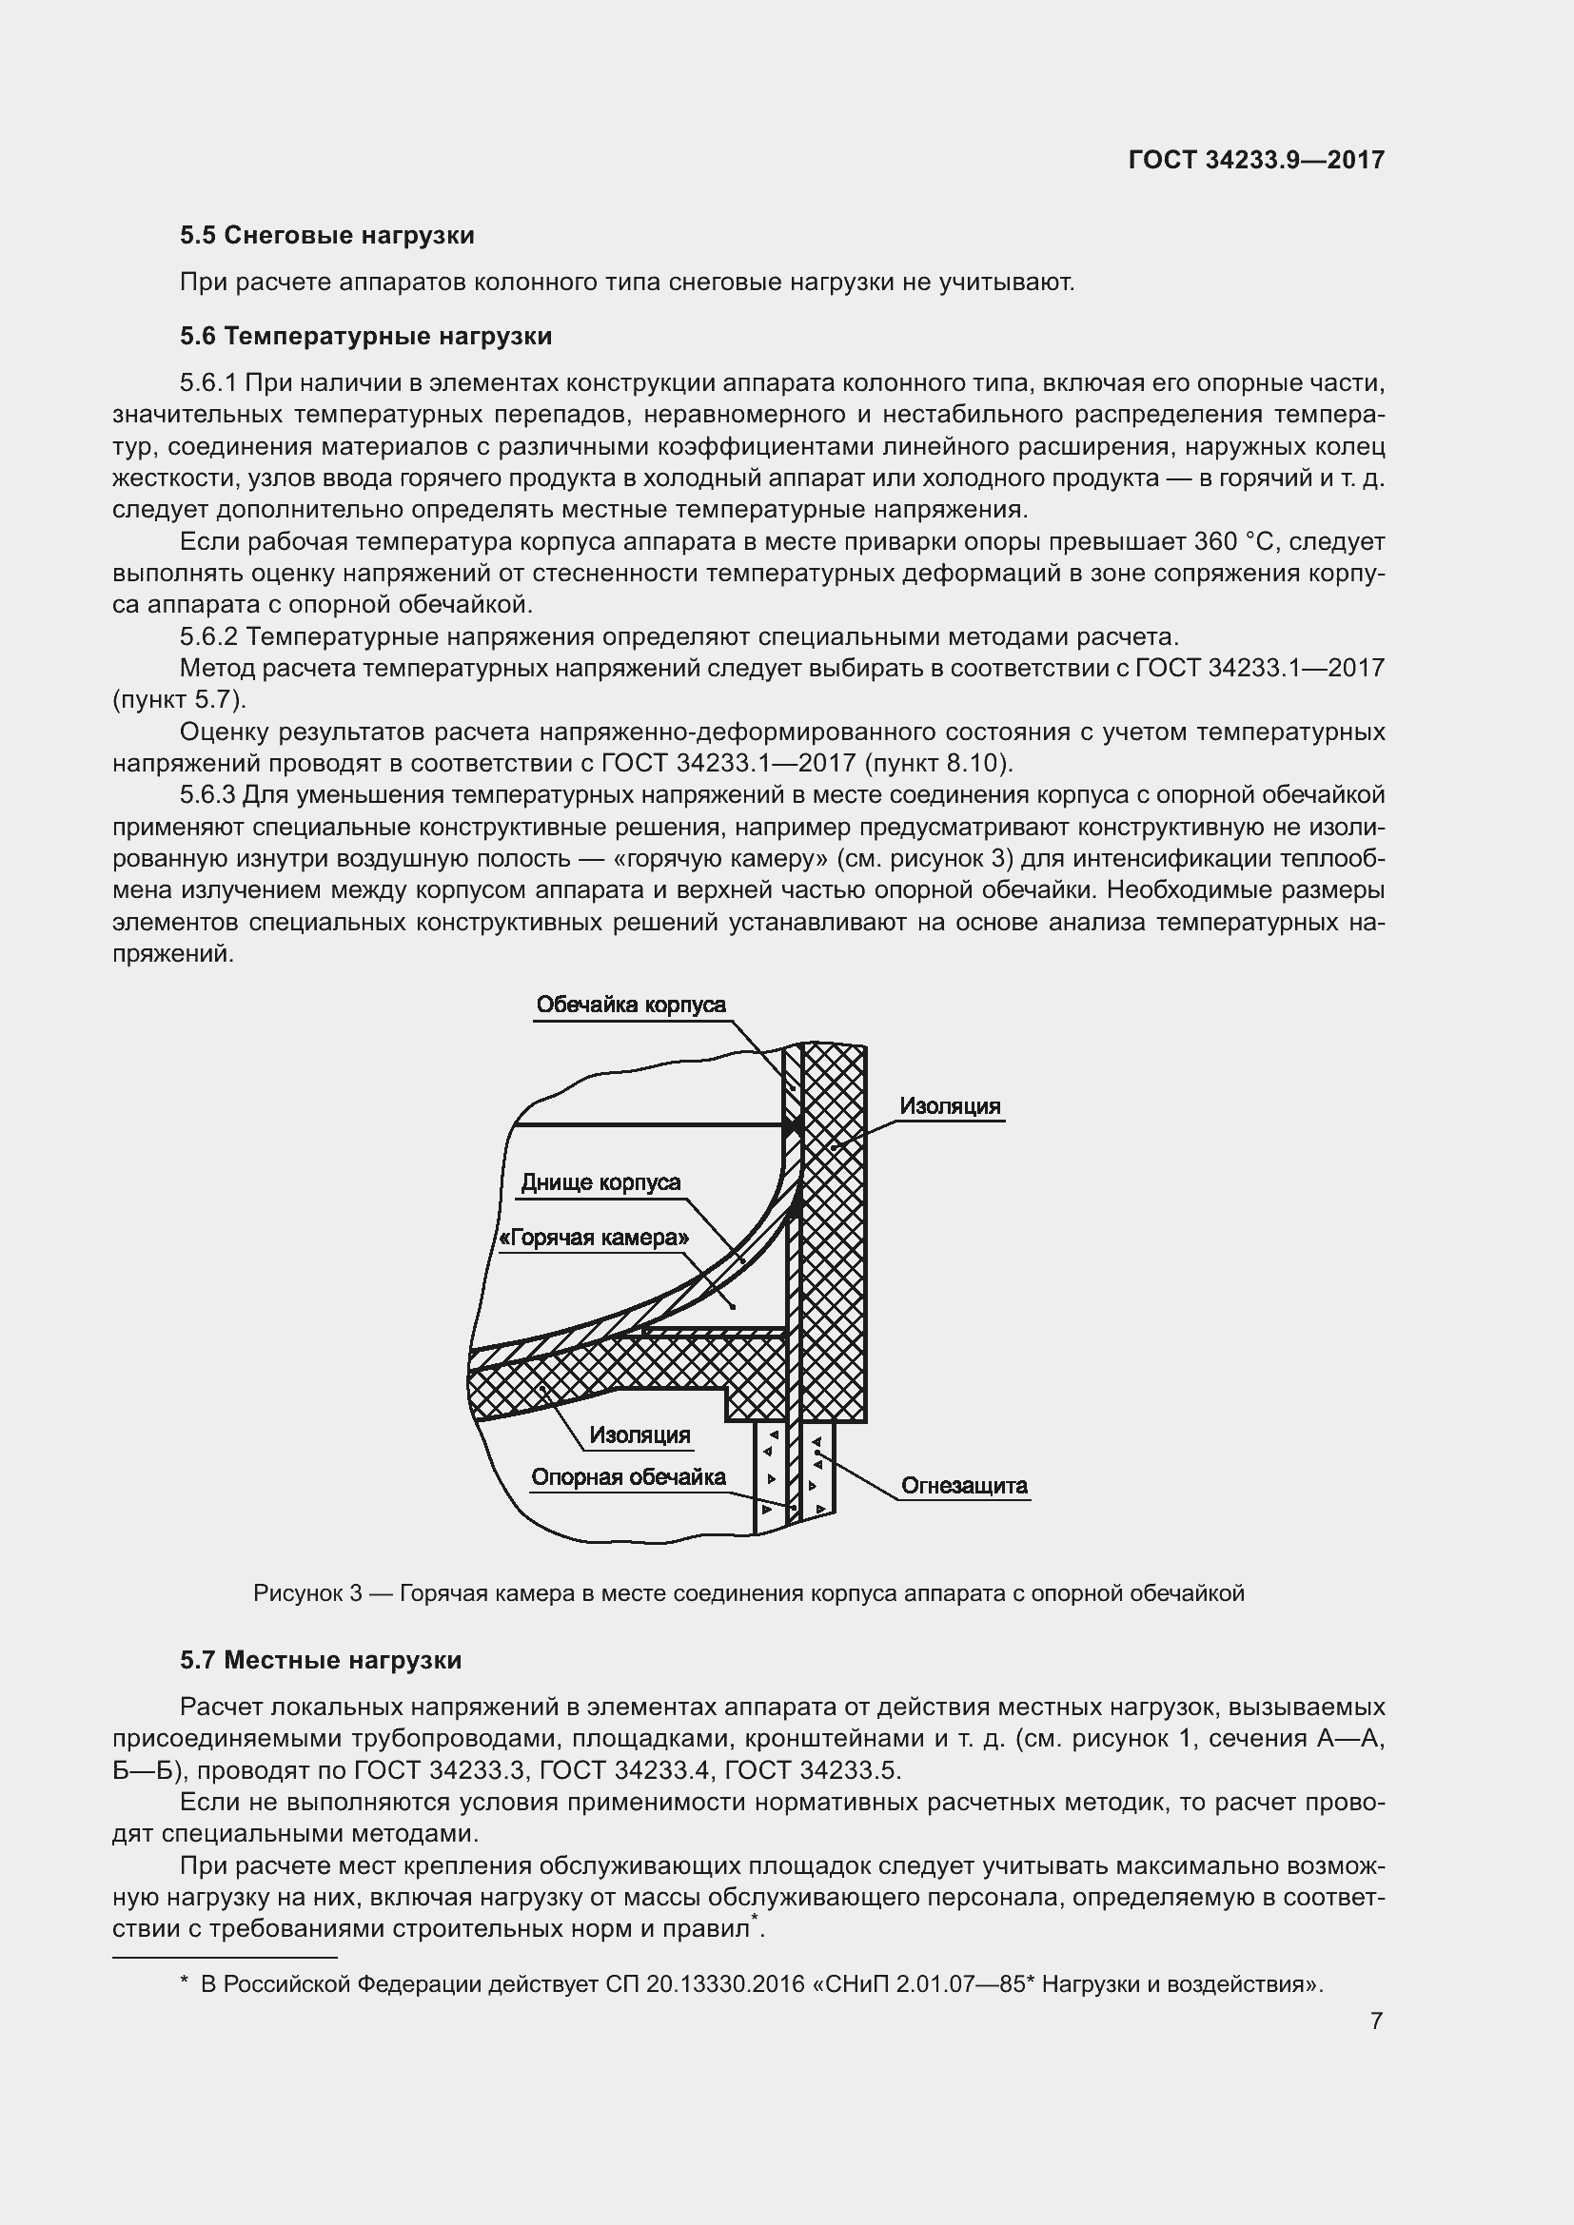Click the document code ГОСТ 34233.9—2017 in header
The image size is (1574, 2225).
click(x=1256, y=160)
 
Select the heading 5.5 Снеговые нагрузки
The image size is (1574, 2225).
click(x=326, y=236)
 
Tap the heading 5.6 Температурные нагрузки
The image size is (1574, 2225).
click(x=365, y=336)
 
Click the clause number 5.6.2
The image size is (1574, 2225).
click(x=208, y=636)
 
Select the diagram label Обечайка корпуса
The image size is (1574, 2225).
click(x=630, y=1005)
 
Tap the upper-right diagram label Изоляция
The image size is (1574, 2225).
click(x=949, y=1106)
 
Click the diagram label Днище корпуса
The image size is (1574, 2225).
click(x=600, y=1182)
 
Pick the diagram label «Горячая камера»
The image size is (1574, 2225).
click(x=594, y=1238)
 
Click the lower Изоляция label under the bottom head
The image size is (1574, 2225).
click(x=639, y=1435)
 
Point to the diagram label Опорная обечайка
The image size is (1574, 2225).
click(x=628, y=1477)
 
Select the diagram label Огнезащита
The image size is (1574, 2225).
click(x=963, y=1486)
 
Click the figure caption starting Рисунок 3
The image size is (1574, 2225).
click(x=748, y=1593)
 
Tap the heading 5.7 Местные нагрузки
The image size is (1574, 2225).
click(x=320, y=1660)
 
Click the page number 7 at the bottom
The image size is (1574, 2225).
click(x=1376, y=2021)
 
